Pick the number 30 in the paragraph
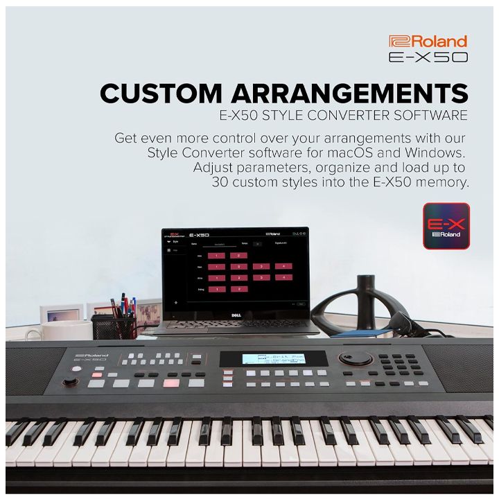click(x=223, y=182)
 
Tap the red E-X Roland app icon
click(x=446, y=226)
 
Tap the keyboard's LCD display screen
click(x=273, y=359)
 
